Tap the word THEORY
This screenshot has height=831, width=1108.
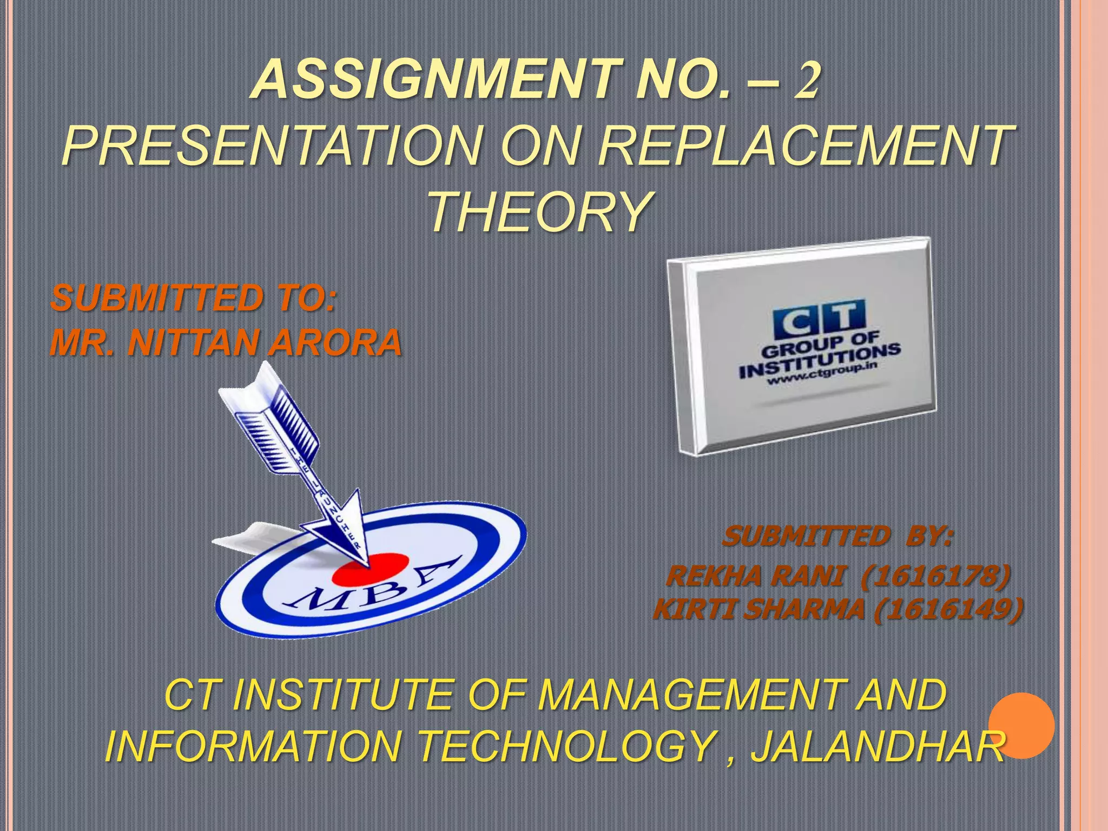click(x=540, y=212)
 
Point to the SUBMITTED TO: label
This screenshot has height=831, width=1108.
click(x=194, y=299)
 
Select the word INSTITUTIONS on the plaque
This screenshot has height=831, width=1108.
click(x=820, y=360)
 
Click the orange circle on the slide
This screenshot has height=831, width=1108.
click(x=1021, y=725)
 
